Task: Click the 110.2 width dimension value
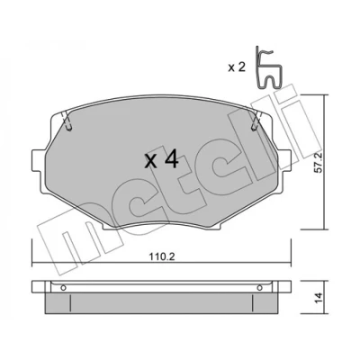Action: click(x=162, y=256)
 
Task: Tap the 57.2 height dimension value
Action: click(x=318, y=162)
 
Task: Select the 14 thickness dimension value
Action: click(x=318, y=297)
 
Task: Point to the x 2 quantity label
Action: click(x=237, y=67)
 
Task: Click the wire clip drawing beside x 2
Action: click(x=268, y=68)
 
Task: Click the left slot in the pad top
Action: click(x=67, y=122)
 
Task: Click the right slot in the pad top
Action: click(x=255, y=122)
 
